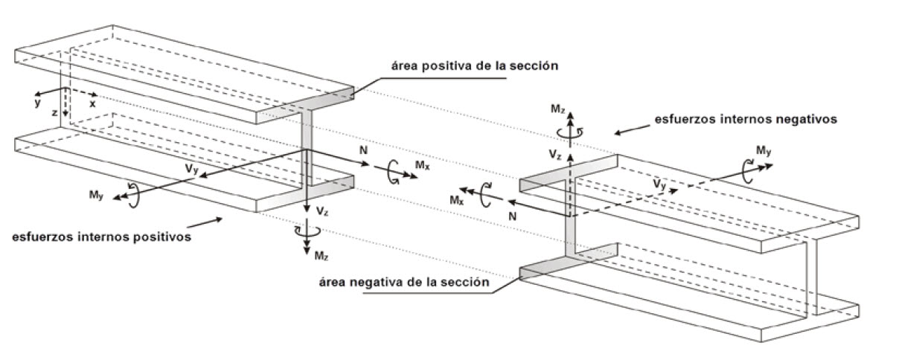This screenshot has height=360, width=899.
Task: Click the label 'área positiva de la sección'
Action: tap(475, 65)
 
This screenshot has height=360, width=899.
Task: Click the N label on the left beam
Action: tap(362, 151)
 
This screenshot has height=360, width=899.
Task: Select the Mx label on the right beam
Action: tap(457, 200)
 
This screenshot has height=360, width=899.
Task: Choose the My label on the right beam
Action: tap(763, 152)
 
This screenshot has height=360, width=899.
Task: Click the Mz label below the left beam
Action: tap(320, 255)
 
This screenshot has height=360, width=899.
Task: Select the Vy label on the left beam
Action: tap(192, 168)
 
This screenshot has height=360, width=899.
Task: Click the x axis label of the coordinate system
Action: tap(92, 104)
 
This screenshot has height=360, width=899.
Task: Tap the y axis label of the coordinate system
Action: tap(36, 103)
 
